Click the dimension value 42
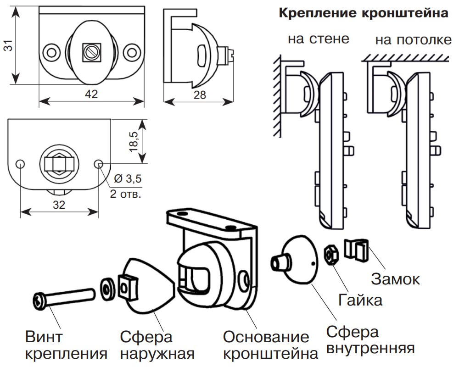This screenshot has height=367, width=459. point(92,95)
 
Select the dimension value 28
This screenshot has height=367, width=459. point(199,95)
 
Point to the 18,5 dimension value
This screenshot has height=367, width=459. point(134,141)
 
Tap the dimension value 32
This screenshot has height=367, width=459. point(59,205)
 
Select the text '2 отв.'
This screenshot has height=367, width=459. point(125,194)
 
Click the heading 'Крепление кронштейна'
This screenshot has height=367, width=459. point(363,14)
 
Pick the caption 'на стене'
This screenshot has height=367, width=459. point(319,39)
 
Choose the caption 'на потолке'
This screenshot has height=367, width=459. point(413,40)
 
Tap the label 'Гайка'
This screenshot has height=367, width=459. point(360,300)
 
